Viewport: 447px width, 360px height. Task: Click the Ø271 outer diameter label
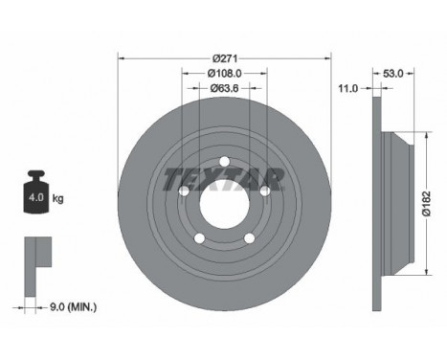pyautogui.click(x=225, y=58)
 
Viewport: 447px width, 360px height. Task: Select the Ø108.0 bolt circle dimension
pyautogui.click(x=225, y=74)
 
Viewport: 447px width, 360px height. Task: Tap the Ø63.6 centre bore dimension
pyautogui.click(x=224, y=88)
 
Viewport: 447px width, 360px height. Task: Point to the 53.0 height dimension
pyautogui.click(x=393, y=74)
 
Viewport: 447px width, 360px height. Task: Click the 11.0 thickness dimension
pyautogui.click(x=348, y=88)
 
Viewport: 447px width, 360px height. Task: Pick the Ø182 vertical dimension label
pyautogui.click(x=427, y=204)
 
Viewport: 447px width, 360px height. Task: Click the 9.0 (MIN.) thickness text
pyautogui.click(x=73, y=307)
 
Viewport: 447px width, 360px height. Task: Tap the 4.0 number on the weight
pyautogui.click(x=36, y=197)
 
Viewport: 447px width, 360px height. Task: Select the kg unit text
pyautogui.click(x=57, y=198)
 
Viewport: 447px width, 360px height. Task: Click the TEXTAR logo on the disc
pyautogui.click(x=224, y=179)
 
